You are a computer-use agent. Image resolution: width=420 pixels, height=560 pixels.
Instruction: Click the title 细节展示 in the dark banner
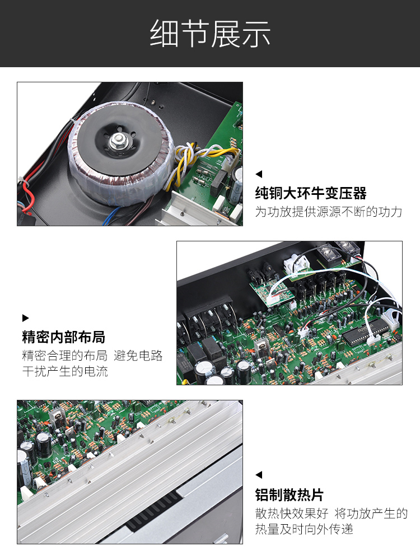tap(210, 34)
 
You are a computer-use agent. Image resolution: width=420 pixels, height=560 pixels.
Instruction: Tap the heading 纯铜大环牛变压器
tap(311, 193)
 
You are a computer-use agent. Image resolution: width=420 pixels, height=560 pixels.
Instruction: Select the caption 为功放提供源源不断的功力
tap(329, 212)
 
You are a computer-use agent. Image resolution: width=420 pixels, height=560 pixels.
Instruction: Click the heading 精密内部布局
tap(64, 337)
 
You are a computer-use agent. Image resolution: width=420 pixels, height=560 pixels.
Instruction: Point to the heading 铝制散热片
tap(290, 495)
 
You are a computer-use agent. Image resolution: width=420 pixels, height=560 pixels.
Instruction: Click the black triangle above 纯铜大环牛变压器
tap(259, 174)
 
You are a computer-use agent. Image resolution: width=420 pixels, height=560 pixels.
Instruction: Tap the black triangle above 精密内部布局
tap(25, 318)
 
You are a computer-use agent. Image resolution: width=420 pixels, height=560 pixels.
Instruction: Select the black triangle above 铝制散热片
tap(259, 475)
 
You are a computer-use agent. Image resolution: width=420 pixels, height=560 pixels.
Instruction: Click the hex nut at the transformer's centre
tap(116, 141)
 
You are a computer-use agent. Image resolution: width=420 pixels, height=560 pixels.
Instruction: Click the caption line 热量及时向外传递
tap(304, 529)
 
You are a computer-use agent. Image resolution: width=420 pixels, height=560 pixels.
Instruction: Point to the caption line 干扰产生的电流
tap(65, 371)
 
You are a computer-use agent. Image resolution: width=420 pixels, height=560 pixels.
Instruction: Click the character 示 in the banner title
tap(256, 34)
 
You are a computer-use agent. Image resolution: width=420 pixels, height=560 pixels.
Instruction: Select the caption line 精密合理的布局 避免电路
tap(92, 356)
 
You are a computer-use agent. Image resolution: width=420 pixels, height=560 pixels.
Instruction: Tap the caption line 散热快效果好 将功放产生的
tap(331, 513)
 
